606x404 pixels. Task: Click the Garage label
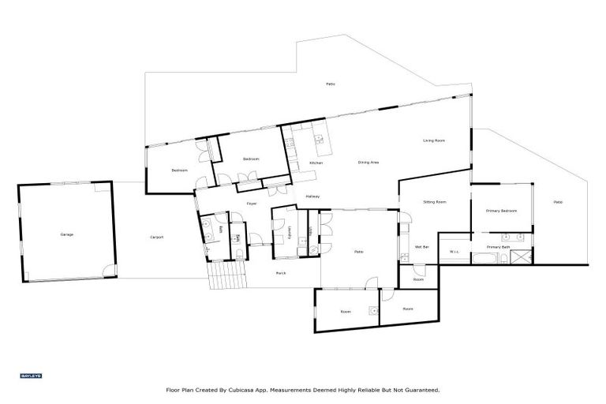click(x=67, y=235)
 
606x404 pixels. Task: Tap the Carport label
click(x=157, y=238)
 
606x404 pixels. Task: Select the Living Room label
click(x=434, y=140)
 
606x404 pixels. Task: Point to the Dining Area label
click(x=368, y=163)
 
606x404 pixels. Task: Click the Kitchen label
click(x=316, y=163)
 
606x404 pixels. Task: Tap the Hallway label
click(x=312, y=196)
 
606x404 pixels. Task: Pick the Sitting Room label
click(x=435, y=202)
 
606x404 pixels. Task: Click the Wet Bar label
click(x=421, y=248)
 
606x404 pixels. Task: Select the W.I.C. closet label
click(x=454, y=252)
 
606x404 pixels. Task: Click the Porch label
click(x=280, y=273)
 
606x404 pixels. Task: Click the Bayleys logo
click(x=25, y=375)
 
